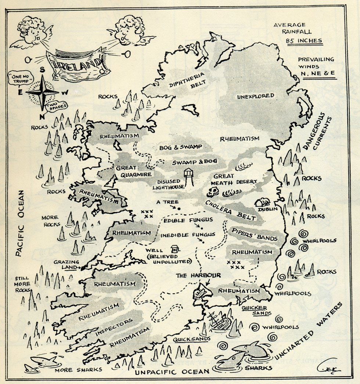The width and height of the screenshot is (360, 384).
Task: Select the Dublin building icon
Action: pos(264,202)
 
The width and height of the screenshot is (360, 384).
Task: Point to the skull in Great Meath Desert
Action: pos(212,192)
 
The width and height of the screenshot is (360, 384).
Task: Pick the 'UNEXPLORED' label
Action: pos(255,96)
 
